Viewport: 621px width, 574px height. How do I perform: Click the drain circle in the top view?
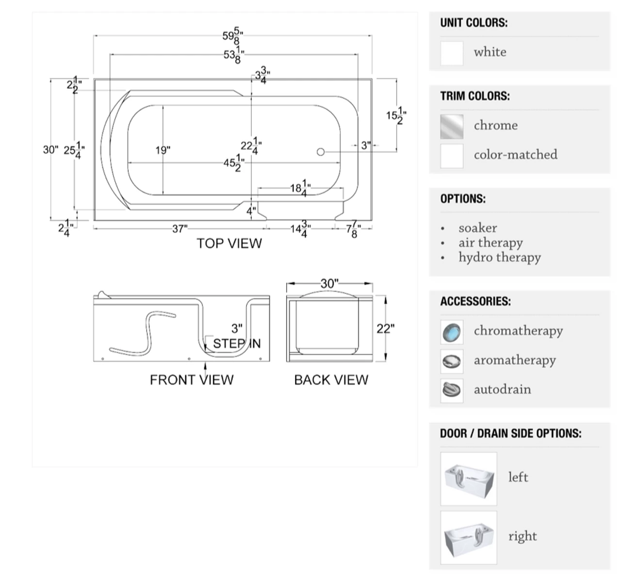[x=320, y=152]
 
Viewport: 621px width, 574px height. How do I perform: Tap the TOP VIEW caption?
[x=229, y=243]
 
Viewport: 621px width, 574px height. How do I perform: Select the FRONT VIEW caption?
[x=192, y=379]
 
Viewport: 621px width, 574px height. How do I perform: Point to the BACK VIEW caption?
[x=331, y=379]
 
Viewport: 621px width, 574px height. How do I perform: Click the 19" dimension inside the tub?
[x=163, y=150]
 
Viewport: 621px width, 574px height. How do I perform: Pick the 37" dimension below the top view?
[x=180, y=229]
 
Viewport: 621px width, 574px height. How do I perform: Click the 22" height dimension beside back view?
[x=385, y=328]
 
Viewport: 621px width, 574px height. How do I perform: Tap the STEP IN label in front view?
[x=237, y=344]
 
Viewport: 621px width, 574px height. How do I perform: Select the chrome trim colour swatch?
[x=452, y=126]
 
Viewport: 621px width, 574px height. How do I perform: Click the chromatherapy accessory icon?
[x=452, y=332]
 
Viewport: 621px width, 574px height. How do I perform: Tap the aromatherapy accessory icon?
[x=452, y=361]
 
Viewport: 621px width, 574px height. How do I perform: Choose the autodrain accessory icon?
[x=452, y=390]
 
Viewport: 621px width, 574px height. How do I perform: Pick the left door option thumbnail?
[x=469, y=479]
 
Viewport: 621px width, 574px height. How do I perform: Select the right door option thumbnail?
[x=469, y=537]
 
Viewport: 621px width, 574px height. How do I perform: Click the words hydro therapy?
[x=500, y=257]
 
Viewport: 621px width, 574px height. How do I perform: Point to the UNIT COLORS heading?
[x=474, y=23]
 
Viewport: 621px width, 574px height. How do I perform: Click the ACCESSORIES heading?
[x=475, y=301]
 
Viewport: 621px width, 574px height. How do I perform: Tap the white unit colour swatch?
[x=452, y=53]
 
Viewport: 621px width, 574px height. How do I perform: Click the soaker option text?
[x=478, y=228]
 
